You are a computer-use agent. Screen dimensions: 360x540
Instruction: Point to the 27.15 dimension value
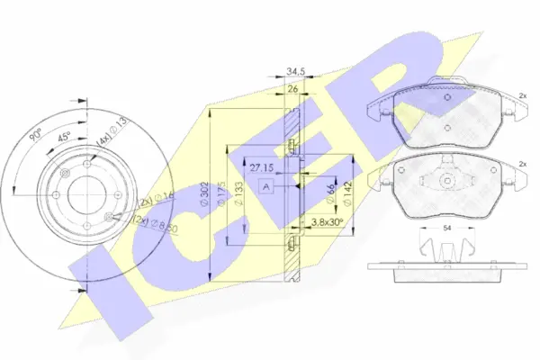(x=262, y=167)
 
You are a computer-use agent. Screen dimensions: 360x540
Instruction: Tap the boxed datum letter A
(x=266, y=186)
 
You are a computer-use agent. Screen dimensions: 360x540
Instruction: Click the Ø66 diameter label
(x=331, y=190)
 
